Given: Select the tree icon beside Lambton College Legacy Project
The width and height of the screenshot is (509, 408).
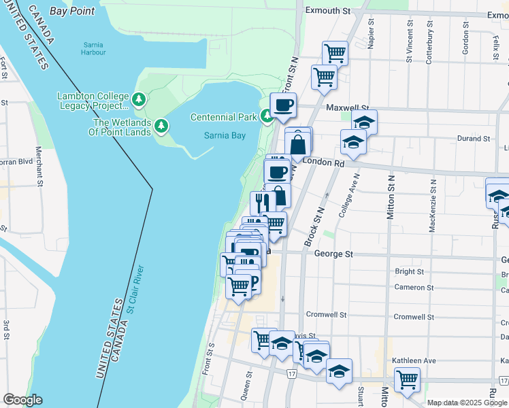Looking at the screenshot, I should [x=139, y=101].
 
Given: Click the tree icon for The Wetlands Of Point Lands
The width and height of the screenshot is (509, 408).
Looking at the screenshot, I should [x=161, y=126].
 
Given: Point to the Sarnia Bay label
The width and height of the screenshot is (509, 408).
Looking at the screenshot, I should [x=225, y=135].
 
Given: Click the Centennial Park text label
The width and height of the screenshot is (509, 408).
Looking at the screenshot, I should [x=223, y=117].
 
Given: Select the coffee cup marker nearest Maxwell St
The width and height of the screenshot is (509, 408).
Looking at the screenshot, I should [x=283, y=105].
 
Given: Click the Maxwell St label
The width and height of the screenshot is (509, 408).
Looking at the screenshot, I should [x=347, y=108].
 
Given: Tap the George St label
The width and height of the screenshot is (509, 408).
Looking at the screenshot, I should [x=333, y=254].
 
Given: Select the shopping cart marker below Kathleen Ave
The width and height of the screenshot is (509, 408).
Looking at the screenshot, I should [x=407, y=379].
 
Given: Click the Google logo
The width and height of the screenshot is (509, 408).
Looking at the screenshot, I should [x=22, y=400].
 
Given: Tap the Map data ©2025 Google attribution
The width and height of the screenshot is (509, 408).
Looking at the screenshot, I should [x=467, y=403].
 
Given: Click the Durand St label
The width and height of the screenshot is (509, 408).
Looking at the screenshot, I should [x=474, y=139].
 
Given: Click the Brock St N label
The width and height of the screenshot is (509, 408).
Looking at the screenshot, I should [x=316, y=228].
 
